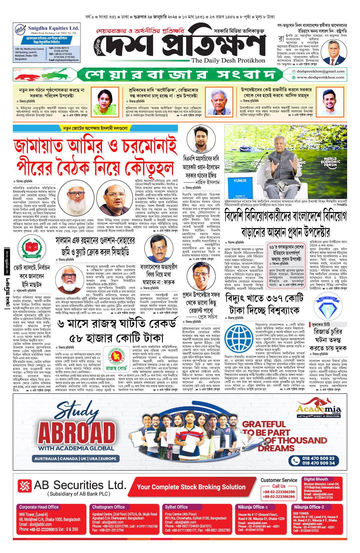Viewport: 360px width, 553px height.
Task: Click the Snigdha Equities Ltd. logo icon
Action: click(20, 30)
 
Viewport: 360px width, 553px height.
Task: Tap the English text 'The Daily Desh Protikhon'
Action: click(228, 60)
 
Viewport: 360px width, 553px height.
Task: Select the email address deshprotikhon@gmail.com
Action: click(320, 71)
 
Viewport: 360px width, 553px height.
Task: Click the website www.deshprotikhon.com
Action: click(320, 77)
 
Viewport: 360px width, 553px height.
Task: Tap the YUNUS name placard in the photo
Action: click(240, 181)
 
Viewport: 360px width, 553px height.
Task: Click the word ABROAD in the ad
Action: click(77, 433)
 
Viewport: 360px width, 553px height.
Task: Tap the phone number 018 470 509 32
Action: click(318, 458)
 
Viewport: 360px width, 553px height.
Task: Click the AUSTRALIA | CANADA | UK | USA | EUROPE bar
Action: click(75, 458)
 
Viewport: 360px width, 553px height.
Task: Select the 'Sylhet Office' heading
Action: click(176, 507)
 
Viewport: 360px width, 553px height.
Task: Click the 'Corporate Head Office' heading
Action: click(39, 507)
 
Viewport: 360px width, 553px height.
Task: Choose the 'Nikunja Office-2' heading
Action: click(309, 507)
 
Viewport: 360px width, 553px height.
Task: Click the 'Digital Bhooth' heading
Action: click(316, 479)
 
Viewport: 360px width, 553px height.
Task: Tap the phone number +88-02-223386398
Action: click(279, 492)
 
